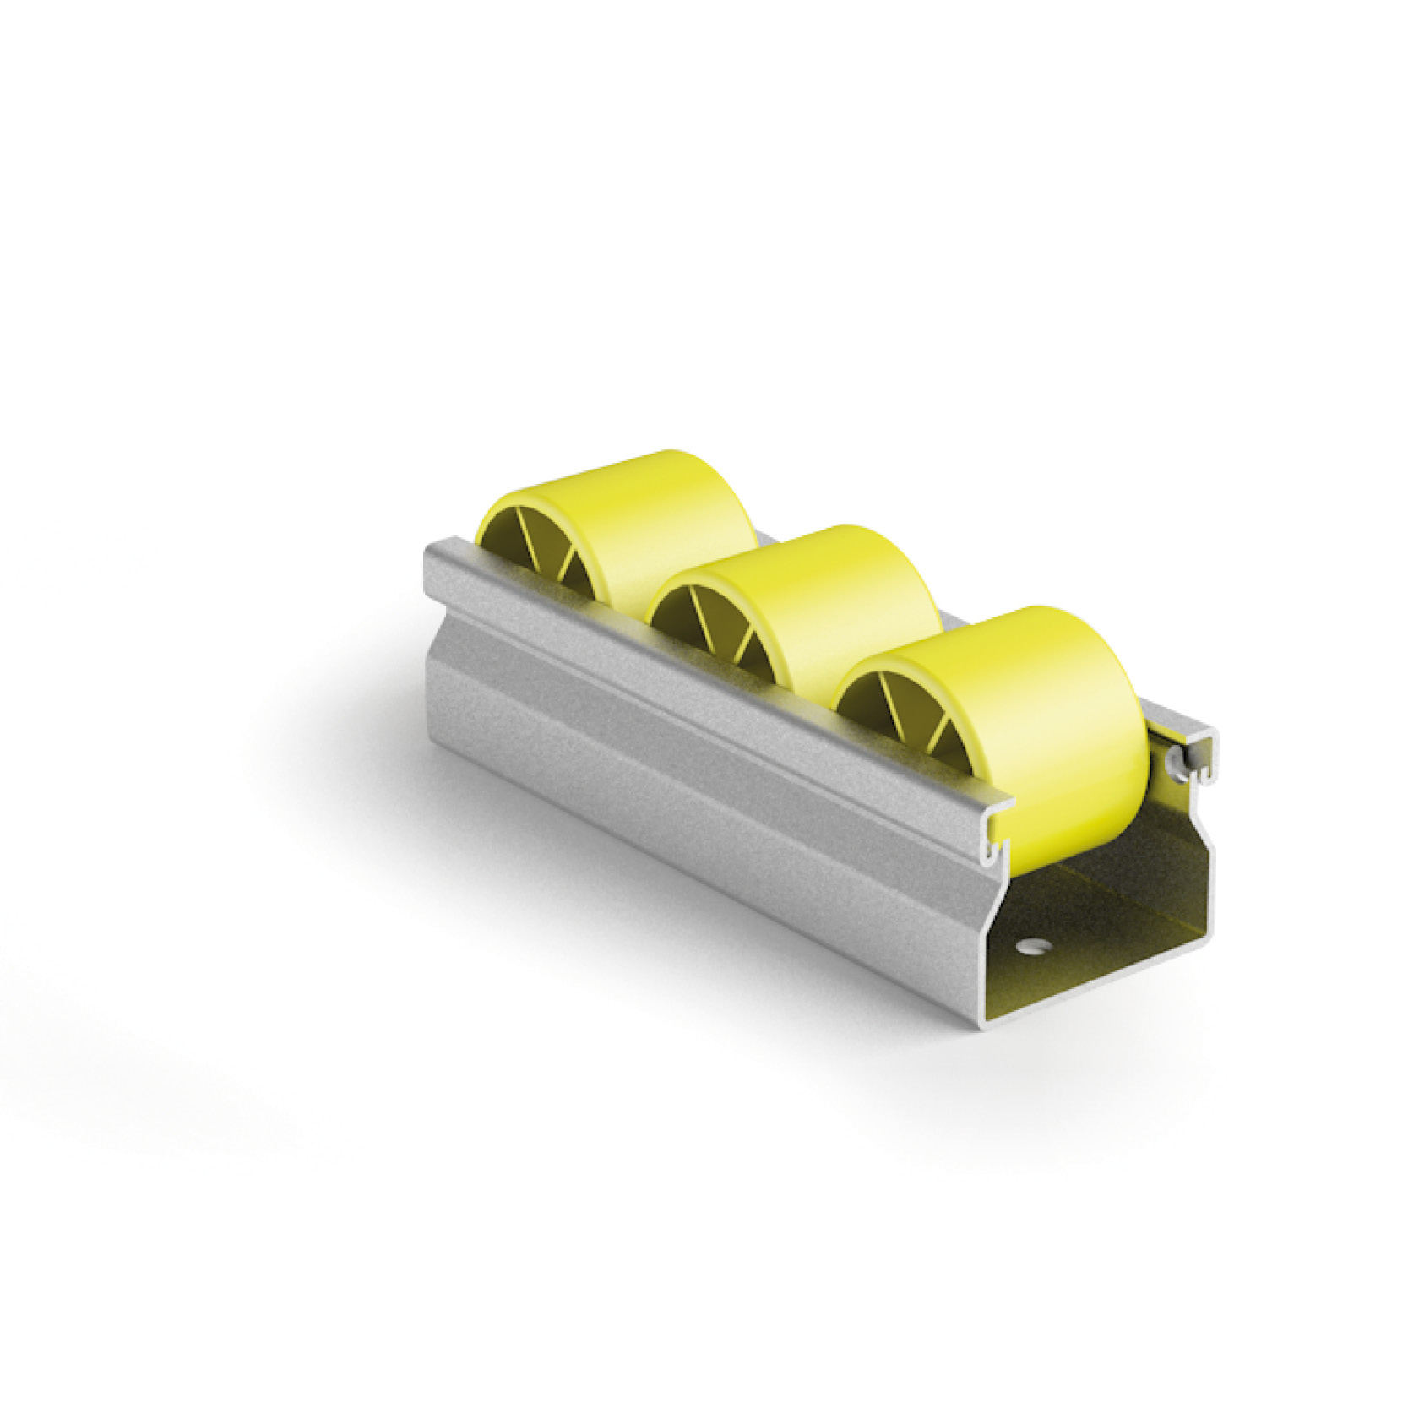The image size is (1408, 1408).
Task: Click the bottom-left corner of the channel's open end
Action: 992,1022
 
